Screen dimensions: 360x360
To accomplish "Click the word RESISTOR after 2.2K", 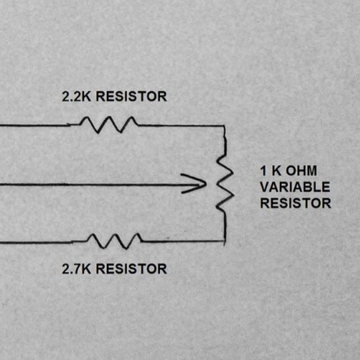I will [x=131, y=97].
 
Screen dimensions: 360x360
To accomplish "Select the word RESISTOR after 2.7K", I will [x=131, y=269].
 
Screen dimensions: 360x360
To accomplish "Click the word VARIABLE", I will [x=294, y=187].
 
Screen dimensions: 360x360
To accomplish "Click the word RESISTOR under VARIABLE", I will [x=295, y=203].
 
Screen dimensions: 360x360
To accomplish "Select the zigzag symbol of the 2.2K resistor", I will [x=109, y=124].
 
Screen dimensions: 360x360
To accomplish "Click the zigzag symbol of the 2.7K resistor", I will [x=114, y=240].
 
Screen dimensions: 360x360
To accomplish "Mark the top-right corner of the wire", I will [x=224, y=125].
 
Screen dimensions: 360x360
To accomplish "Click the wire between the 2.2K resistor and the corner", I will [x=180, y=125].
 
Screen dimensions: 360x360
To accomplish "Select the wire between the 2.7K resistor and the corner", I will [x=182, y=241].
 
